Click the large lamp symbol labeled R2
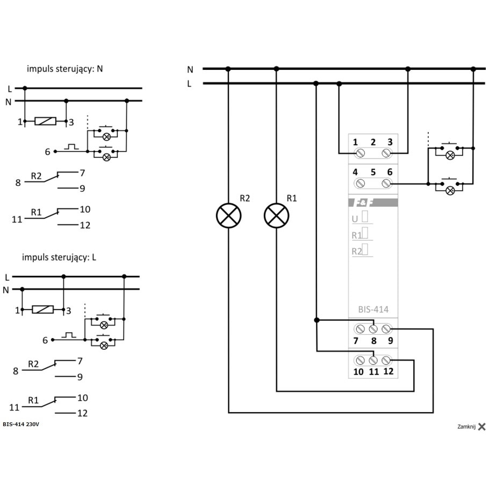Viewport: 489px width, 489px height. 228,215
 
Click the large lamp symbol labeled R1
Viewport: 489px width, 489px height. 276,215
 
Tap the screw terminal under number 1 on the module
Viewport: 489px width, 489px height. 360,153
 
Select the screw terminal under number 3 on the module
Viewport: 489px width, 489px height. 386,153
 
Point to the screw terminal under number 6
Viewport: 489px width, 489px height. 386,183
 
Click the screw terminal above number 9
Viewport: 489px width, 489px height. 386,329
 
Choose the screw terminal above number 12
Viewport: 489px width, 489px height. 386,360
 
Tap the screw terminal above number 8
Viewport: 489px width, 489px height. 373,329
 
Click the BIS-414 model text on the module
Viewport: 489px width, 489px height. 373,310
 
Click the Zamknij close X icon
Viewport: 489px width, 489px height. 482,427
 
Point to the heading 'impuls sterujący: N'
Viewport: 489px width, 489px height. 64,69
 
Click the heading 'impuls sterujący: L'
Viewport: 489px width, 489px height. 59,257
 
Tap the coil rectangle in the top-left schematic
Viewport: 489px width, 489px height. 45,121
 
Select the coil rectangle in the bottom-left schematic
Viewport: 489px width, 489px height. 43,310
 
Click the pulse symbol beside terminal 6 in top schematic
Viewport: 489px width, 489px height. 71,147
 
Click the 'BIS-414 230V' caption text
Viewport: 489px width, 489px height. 21,424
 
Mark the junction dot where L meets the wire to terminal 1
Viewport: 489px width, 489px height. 339,84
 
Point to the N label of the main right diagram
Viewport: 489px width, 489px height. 190,69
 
